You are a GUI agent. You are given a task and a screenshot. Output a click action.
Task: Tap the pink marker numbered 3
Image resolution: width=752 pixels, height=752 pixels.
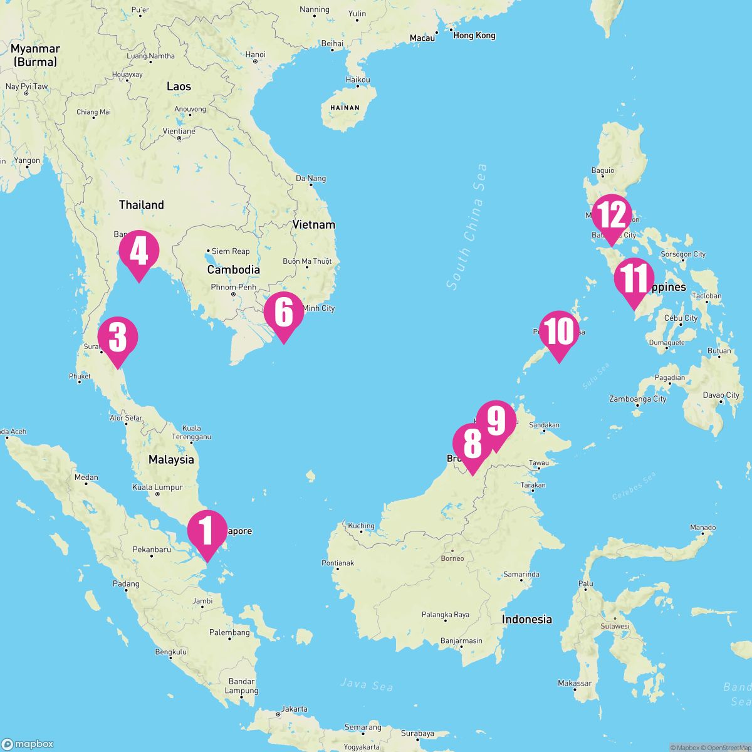(x=118, y=338)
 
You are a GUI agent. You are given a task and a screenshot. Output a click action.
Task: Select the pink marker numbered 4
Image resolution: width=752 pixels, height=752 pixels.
(x=138, y=252)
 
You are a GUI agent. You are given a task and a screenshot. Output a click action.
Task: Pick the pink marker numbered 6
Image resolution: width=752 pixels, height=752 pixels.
(x=283, y=313)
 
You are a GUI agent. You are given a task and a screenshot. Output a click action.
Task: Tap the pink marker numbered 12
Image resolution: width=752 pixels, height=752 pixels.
(x=610, y=216)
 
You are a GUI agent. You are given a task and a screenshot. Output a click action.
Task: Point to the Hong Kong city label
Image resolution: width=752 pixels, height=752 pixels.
(x=474, y=35)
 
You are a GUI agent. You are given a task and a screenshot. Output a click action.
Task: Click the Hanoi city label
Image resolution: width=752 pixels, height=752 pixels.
(x=256, y=55)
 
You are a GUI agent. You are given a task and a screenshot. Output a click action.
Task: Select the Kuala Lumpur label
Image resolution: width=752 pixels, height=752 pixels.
(x=157, y=487)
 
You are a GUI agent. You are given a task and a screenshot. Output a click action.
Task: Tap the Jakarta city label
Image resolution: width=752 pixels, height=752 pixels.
(x=295, y=709)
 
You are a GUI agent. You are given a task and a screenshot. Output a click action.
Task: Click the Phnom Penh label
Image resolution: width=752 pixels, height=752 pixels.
(x=234, y=287)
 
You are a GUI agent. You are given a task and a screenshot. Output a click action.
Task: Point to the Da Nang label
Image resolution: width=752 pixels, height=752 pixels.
(x=311, y=179)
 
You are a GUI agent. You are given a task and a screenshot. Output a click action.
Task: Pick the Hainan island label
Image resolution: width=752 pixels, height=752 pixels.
(x=345, y=108)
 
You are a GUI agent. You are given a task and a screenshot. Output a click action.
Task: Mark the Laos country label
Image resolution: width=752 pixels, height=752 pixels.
(x=179, y=86)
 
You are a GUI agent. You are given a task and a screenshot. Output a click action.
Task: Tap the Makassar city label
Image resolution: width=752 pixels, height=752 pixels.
(x=575, y=683)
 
